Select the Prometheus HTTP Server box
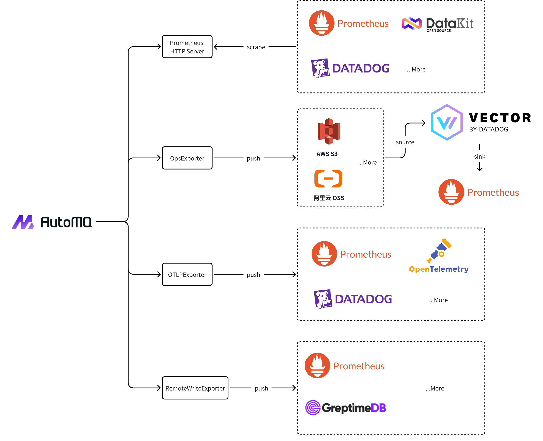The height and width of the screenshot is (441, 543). [187, 47]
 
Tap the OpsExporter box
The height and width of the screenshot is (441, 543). [187, 158]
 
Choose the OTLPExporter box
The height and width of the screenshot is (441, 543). [187, 274]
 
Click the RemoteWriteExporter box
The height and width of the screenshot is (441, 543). [195, 388]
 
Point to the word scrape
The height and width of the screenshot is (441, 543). [256, 47]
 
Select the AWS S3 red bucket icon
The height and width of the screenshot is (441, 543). [329, 131]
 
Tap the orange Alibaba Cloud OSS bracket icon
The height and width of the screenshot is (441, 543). [328, 179]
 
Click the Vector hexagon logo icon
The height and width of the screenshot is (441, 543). [447, 123]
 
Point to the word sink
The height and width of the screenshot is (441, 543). [480, 156]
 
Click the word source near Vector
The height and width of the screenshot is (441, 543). [405, 142]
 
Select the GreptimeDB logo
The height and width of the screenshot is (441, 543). [345, 408]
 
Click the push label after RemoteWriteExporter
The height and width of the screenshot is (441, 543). [261, 388]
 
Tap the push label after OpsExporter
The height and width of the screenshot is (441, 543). [253, 159]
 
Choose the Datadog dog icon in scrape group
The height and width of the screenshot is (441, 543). [320, 68]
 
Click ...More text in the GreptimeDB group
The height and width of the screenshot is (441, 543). [435, 388]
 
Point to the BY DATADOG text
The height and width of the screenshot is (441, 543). [488, 129]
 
